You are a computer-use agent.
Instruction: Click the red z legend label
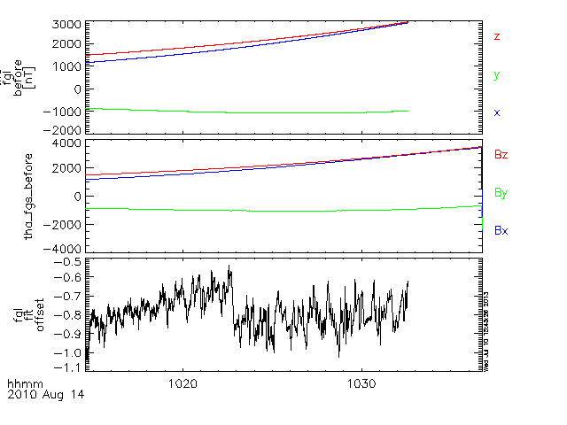(x=497, y=37)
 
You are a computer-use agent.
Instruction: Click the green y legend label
(x=497, y=76)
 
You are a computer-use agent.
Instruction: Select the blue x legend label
(x=497, y=113)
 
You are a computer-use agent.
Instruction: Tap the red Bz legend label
(x=501, y=154)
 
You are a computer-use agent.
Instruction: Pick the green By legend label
(x=501, y=192)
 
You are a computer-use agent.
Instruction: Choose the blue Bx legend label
(x=501, y=230)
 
